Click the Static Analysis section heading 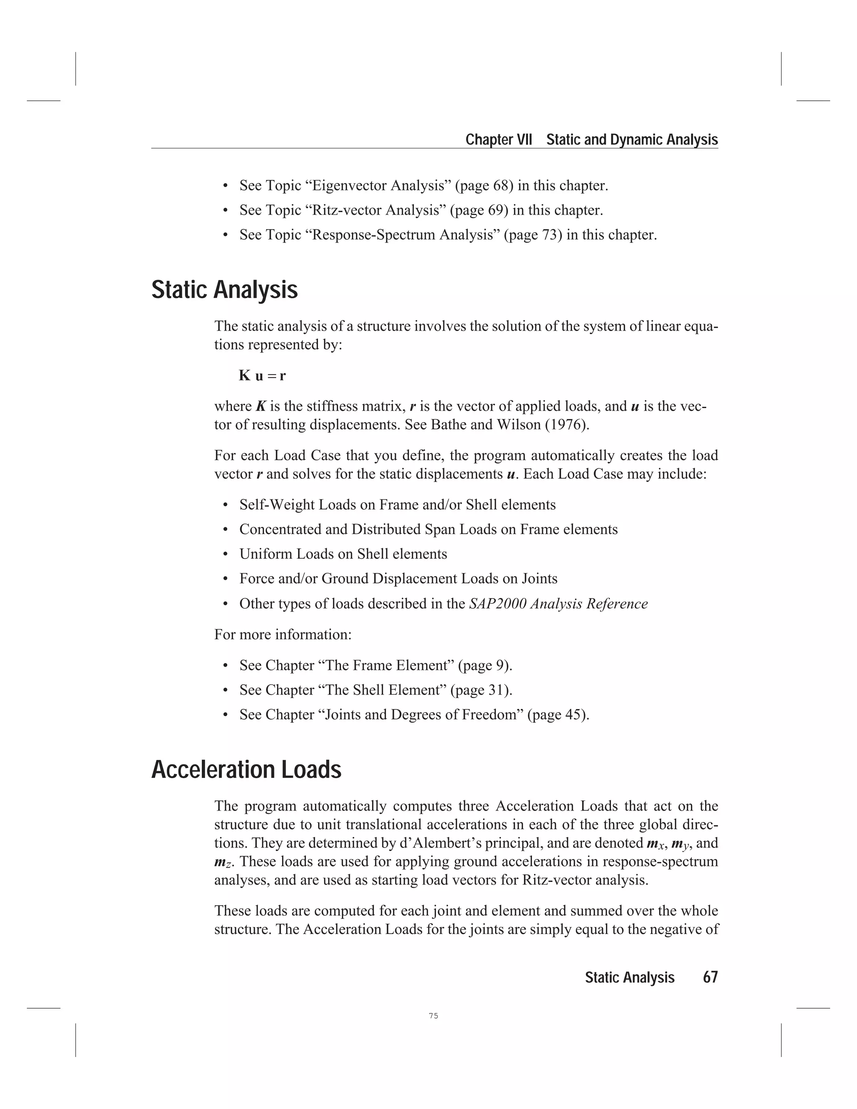[x=224, y=290]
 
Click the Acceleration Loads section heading [x=246, y=770]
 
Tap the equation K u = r [x=262, y=376]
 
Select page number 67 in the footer [x=710, y=978]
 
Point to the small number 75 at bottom [x=433, y=1016]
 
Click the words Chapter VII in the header [x=498, y=140]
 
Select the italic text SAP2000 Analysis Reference [x=558, y=604]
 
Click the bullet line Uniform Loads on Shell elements [x=343, y=554]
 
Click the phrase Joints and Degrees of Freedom [x=423, y=715]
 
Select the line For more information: [x=283, y=635]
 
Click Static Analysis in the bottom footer [x=629, y=978]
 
